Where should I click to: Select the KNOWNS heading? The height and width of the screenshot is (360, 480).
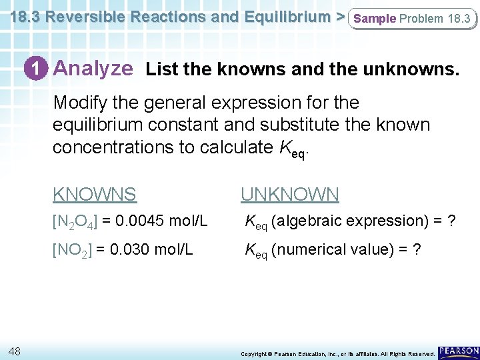click(95, 195)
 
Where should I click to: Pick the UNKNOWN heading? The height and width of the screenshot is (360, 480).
click(289, 195)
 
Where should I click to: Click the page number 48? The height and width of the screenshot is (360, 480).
click(16, 351)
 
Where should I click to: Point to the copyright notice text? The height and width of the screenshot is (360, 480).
click(337, 353)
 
